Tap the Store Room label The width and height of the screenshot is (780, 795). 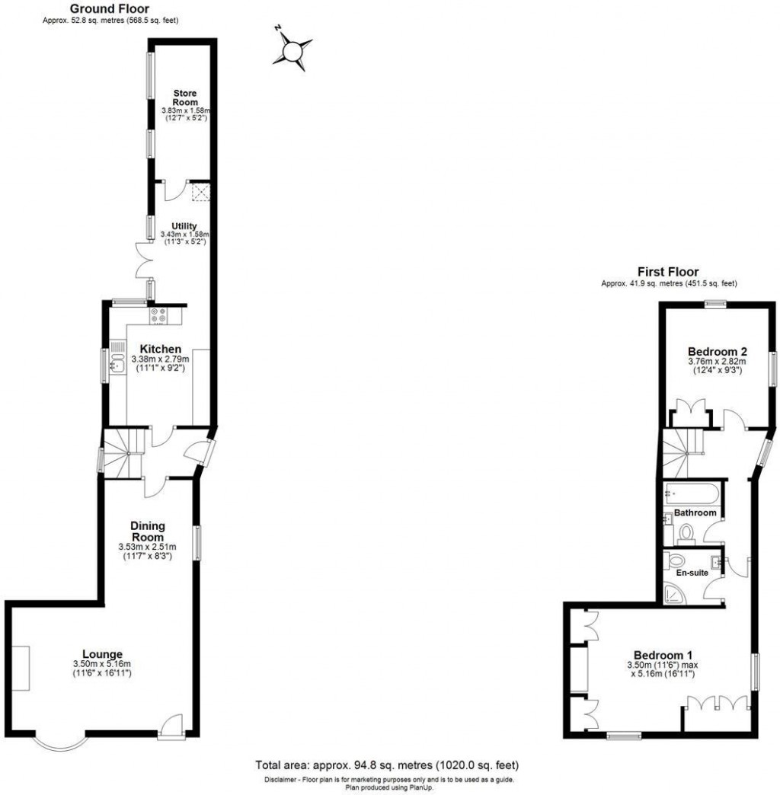[185, 97]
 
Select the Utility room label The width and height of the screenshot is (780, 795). [185, 226]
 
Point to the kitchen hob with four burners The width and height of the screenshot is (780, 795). [159, 315]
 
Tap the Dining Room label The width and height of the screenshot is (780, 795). [147, 531]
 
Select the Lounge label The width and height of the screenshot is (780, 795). [103, 654]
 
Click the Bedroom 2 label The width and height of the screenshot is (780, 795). [718, 352]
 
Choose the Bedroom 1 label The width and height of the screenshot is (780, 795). [663, 654]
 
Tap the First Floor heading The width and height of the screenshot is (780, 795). [669, 272]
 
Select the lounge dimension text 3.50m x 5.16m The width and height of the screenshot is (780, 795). [103, 664]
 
